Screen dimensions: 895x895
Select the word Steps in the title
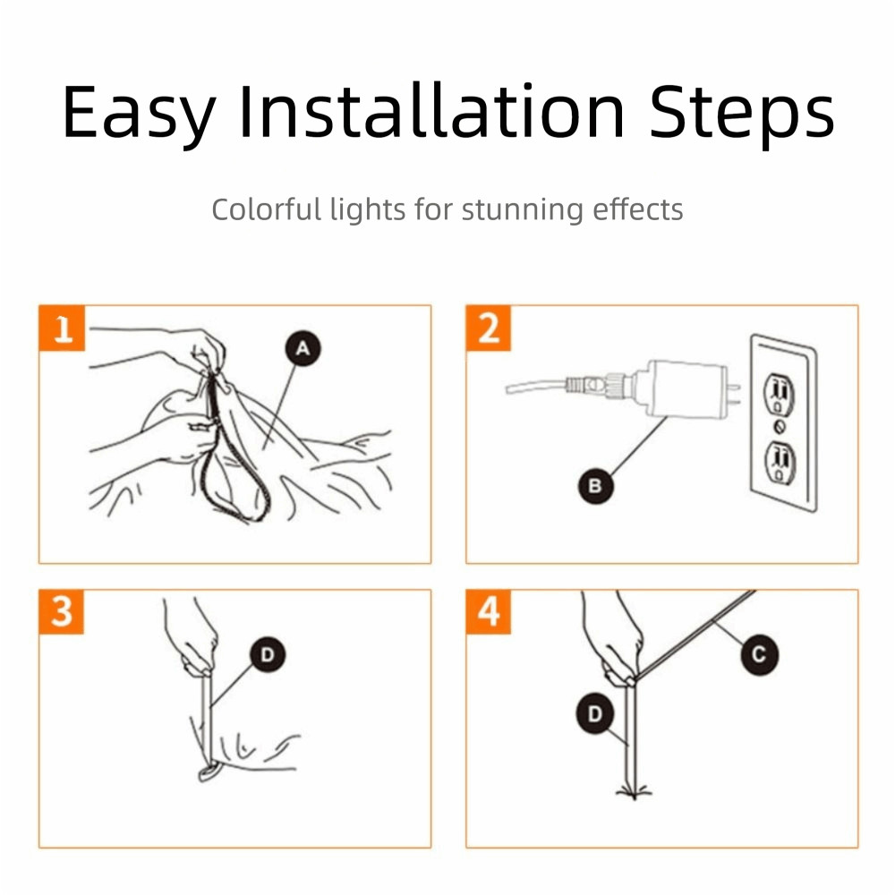(741, 115)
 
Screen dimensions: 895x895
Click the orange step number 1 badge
(62, 328)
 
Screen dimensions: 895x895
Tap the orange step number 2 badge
(489, 328)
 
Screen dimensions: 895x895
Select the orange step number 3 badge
(62, 612)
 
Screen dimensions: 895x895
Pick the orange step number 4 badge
(489, 612)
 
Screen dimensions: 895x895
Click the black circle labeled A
(303, 348)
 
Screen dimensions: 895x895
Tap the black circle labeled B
(595, 486)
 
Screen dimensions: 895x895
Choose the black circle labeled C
(759, 654)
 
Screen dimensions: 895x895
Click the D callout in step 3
(267, 654)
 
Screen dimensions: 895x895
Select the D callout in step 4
(595, 713)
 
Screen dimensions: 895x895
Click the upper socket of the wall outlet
(780, 394)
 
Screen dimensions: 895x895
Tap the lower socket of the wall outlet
(780, 463)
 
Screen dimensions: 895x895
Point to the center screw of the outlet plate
(780, 427)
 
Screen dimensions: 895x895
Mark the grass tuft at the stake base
(634, 792)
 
